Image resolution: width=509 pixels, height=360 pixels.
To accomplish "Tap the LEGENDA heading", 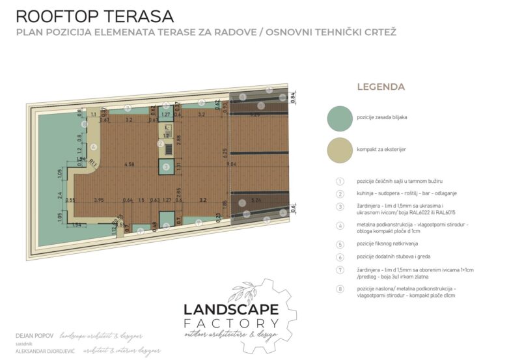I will tap(381, 87).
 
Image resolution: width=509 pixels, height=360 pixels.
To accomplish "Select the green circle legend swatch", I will tap(340, 118).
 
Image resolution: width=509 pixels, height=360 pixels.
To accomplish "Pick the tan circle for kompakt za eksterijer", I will tap(340, 150).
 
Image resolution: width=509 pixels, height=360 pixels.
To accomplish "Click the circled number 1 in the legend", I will tap(339, 181).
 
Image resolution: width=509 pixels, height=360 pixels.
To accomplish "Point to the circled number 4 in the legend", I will tap(339, 226).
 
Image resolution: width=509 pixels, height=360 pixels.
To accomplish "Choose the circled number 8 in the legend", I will tap(339, 288).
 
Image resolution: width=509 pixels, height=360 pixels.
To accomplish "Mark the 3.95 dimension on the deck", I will tap(99, 200).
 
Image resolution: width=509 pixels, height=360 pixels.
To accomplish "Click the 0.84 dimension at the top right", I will tap(292, 95).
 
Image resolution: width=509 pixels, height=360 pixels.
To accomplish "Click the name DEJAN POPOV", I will tap(34, 336).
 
